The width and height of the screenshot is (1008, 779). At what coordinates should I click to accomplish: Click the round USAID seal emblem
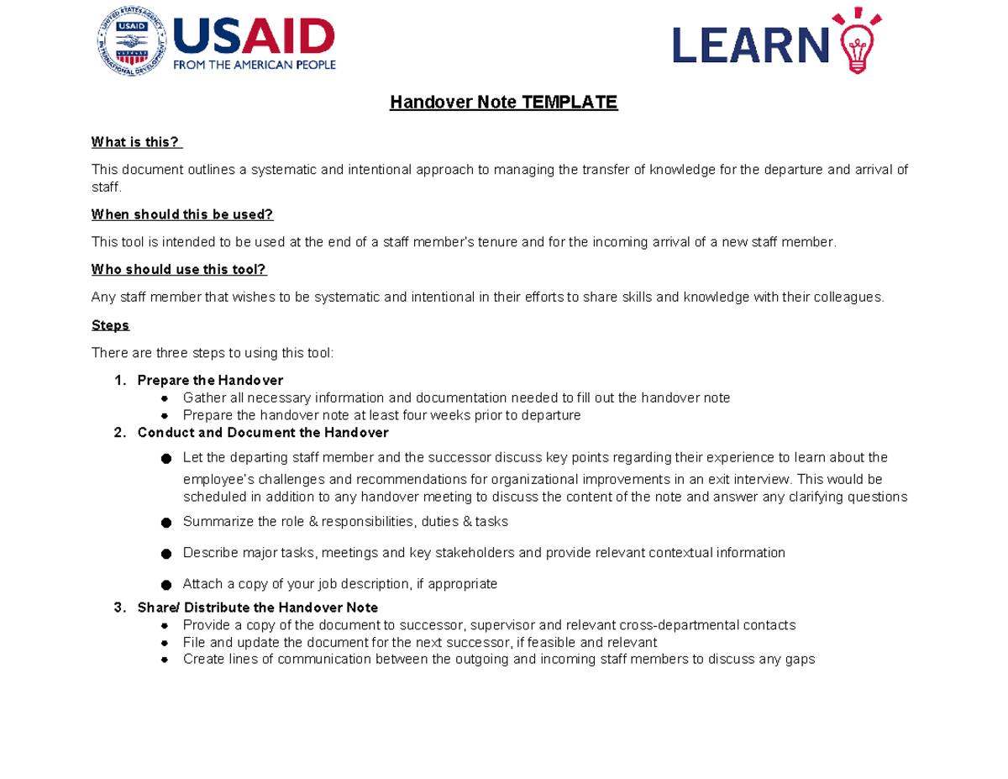click(x=132, y=41)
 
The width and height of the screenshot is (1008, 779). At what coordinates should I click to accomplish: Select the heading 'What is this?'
click(x=136, y=142)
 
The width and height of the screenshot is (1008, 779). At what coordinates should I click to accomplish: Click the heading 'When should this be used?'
click(x=182, y=214)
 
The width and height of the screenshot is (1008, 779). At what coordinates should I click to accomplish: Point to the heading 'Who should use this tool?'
click(x=179, y=270)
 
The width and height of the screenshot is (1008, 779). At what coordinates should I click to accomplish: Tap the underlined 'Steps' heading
click(x=110, y=325)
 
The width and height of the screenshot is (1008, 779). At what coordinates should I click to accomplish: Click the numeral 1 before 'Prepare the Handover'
click(x=118, y=381)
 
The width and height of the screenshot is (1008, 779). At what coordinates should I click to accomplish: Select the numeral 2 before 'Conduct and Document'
click(x=118, y=433)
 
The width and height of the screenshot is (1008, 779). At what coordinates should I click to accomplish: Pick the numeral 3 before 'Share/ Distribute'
click(x=118, y=607)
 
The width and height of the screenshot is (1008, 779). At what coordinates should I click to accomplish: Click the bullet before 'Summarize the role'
click(x=165, y=523)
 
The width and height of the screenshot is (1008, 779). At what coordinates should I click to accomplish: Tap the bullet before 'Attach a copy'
click(x=165, y=585)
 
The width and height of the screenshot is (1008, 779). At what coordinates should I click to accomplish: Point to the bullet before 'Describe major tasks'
click(x=165, y=554)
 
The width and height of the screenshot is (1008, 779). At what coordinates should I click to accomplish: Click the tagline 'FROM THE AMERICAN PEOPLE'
click(x=255, y=65)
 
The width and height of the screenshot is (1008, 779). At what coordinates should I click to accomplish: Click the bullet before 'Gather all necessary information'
click(x=165, y=398)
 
